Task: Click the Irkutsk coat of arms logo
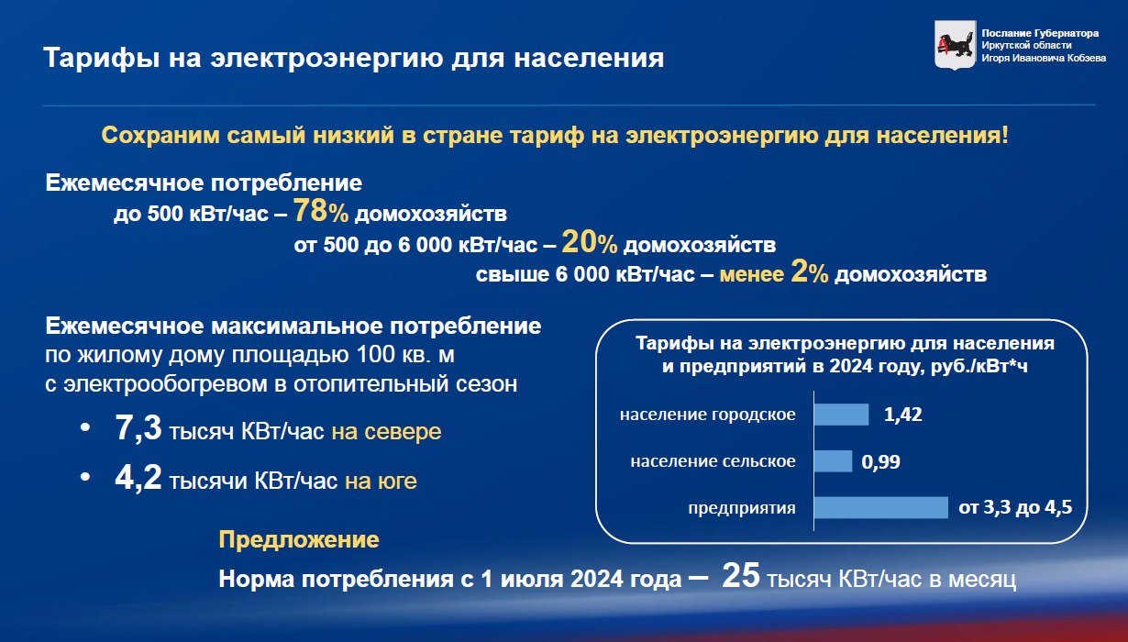pos(955,45)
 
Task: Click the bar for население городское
pos(842,415)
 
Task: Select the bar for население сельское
pos(833,461)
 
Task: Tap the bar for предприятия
pos(881,507)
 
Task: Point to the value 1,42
pos(903,415)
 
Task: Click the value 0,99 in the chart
pos(880,461)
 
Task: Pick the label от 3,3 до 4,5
pos(1015,507)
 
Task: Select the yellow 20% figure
pos(590,242)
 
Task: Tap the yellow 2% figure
pos(809,271)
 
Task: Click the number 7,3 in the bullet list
pos(138,428)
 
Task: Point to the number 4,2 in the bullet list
pos(138,477)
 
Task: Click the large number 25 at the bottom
pos(741,575)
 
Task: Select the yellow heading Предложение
pos(299,540)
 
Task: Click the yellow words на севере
pos(386,432)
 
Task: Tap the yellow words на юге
pos(381,481)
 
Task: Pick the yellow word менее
pos(752,274)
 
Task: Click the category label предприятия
pos(742,508)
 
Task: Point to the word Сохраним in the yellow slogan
pos(160,136)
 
